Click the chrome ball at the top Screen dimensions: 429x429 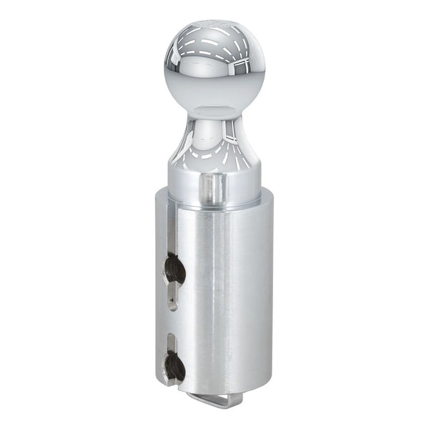click(214, 68)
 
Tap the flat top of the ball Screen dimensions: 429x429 click(214, 26)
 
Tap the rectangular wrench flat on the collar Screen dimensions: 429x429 click(210, 189)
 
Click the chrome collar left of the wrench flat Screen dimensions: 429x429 click(184, 187)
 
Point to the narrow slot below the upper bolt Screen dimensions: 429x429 click(172, 297)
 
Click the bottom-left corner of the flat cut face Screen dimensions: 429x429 click(159, 382)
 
